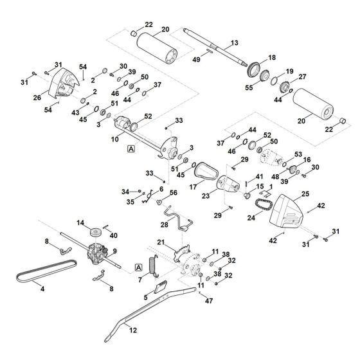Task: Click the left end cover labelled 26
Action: pos(64,86)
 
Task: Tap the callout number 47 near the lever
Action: pos(208,300)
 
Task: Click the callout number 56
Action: pos(173,192)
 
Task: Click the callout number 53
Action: pos(297,154)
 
